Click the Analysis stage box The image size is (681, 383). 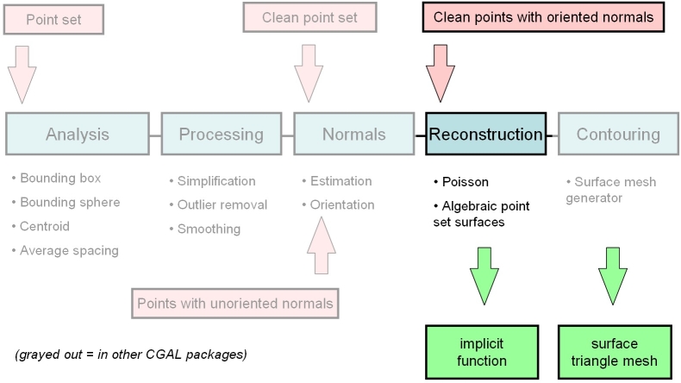(x=78, y=134)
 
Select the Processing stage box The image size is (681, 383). (x=221, y=134)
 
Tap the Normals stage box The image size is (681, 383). (x=353, y=134)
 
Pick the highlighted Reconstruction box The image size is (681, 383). (x=485, y=134)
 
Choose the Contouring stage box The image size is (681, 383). (x=617, y=134)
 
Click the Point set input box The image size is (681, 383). (x=54, y=19)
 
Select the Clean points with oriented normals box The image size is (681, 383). (x=543, y=17)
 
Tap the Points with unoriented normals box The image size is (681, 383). (x=234, y=303)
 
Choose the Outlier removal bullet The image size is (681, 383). (x=222, y=204)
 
